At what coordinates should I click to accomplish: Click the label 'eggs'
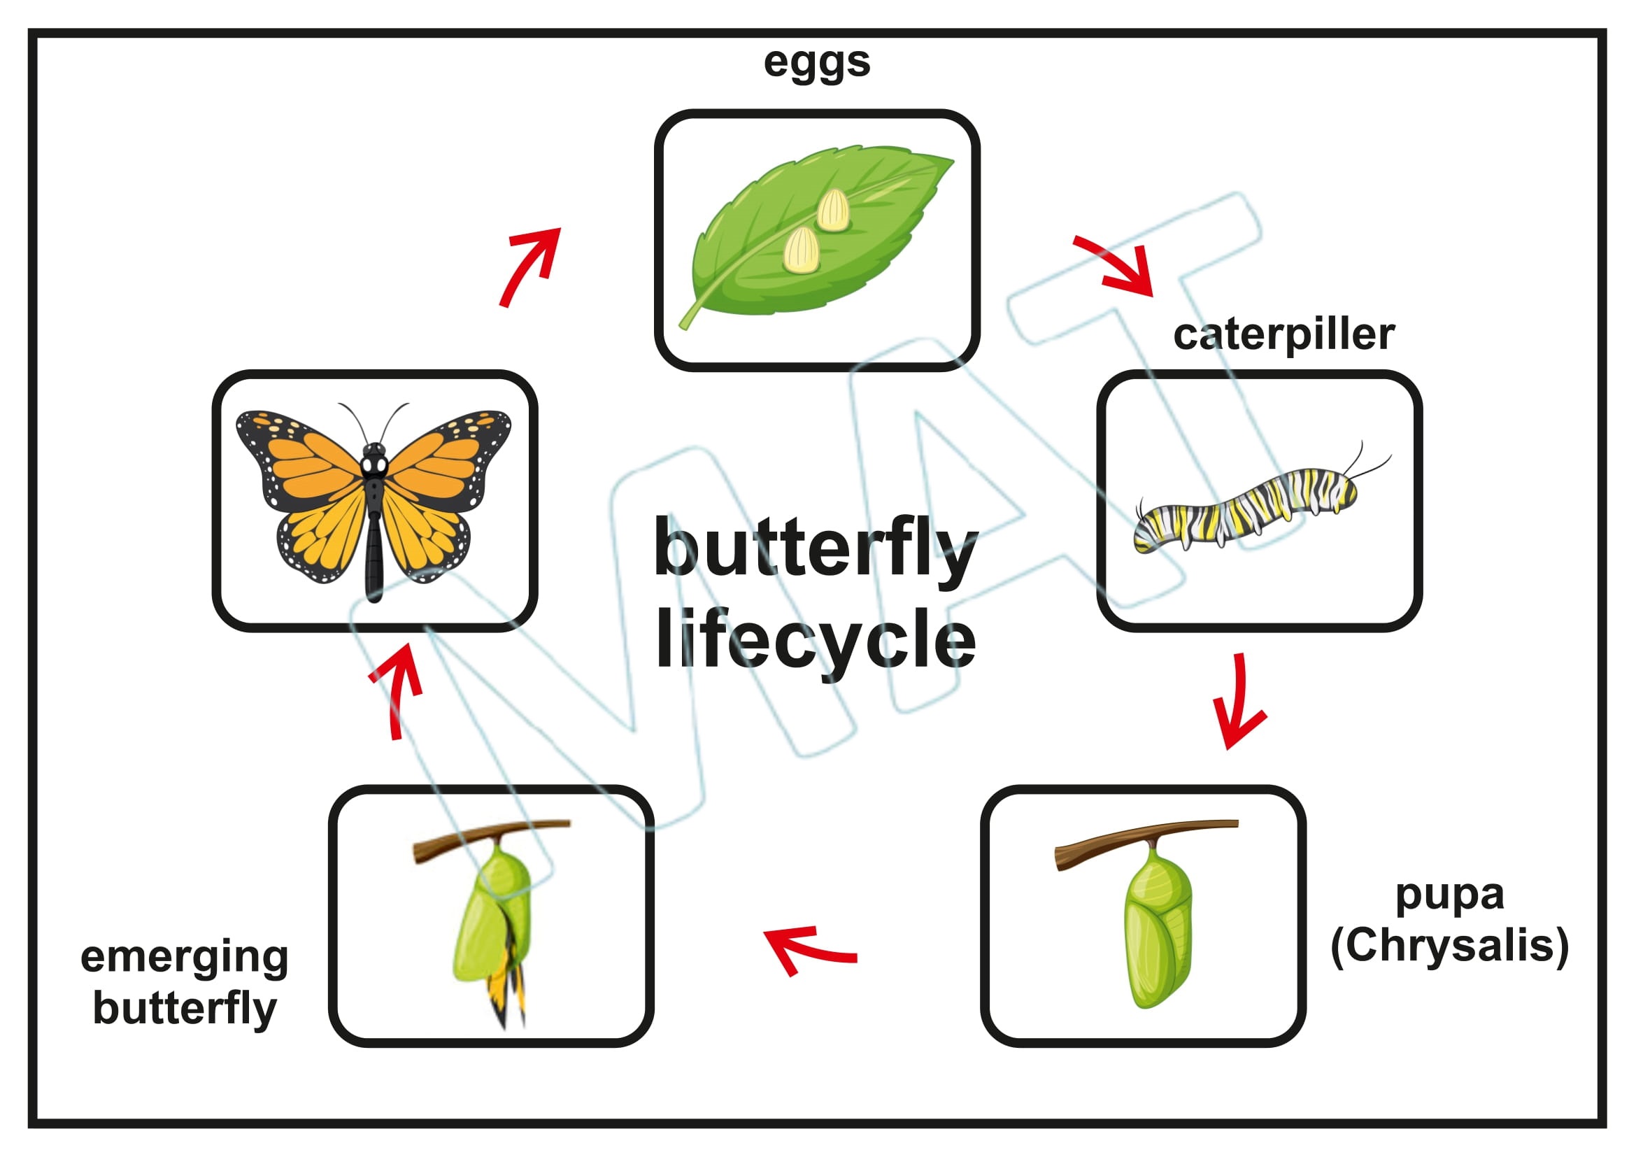816,63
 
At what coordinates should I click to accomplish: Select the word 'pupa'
1449,895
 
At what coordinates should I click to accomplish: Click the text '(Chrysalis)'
1449,946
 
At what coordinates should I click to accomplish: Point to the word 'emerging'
185,958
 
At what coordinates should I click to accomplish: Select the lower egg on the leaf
801,251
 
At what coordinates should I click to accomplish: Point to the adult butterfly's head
374,463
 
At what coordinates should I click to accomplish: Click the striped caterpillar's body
1244,507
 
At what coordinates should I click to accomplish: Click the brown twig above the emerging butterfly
492,837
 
